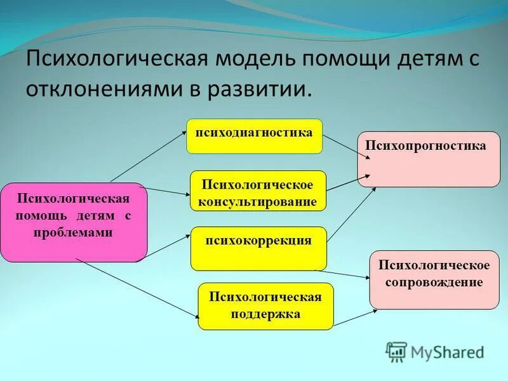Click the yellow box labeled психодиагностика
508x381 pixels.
click(254, 136)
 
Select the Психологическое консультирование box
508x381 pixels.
click(258, 191)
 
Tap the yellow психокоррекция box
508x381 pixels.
click(258, 248)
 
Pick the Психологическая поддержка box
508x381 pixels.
click(265, 306)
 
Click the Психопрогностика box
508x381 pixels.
click(429, 159)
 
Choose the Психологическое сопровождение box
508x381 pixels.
click(434, 279)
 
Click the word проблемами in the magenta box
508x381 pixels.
click(74, 232)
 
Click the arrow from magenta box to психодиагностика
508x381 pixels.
click(148, 156)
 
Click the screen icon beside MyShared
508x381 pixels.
click(396, 351)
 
